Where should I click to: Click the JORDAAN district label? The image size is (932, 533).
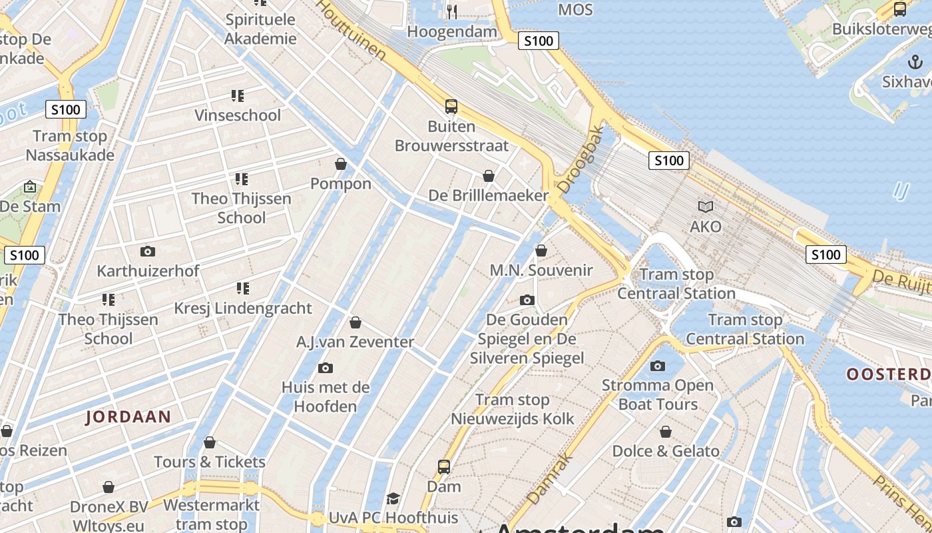point(128,417)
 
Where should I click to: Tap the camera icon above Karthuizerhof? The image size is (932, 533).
point(148,251)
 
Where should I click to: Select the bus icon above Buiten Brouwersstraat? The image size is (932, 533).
point(451,106)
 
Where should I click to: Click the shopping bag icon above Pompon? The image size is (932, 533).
point(341,164)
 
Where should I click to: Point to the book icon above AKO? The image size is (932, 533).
point(705,207)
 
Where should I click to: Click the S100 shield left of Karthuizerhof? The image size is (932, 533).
point(25,255)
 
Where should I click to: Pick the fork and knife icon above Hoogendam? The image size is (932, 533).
point(452,11)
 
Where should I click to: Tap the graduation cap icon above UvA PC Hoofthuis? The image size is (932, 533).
point(393,498)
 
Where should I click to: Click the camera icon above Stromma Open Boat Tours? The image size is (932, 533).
point(658,366)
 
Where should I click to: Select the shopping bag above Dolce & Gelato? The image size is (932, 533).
point(665,432)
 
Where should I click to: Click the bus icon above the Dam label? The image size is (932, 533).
point(444,467)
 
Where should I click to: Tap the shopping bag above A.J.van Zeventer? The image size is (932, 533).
point(355,322)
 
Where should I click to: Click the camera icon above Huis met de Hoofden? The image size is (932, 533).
point(326,368)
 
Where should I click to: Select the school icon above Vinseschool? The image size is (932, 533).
point(238,96)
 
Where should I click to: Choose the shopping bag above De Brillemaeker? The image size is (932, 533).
point(489,176)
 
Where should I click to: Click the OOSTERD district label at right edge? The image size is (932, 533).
point(889,374)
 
